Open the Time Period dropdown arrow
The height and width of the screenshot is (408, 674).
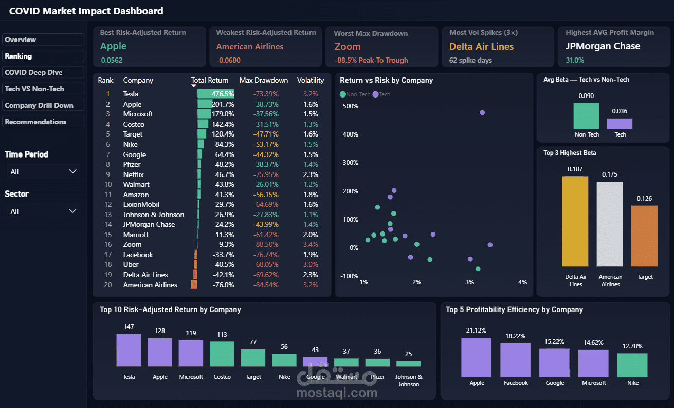72,171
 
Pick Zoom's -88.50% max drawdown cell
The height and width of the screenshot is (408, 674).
266,245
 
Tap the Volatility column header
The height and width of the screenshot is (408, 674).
311,80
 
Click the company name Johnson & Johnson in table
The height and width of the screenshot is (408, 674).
153,215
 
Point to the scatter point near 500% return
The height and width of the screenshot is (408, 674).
482,113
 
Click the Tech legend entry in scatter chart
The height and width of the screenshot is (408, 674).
381,94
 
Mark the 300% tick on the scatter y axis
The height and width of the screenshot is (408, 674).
350,163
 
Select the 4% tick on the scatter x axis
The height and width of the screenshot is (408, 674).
522,282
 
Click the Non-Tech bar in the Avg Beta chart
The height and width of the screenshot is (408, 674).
586,116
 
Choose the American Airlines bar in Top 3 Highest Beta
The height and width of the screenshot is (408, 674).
610,224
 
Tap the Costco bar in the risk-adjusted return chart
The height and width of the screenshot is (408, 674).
222,354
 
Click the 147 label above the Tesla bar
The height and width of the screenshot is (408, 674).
129,327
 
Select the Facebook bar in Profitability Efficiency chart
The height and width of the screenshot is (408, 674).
516,360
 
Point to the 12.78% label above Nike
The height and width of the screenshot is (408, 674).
632,346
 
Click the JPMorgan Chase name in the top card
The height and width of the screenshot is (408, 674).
603,46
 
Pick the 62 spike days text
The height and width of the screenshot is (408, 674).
470,60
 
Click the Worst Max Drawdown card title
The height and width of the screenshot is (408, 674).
371,33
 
